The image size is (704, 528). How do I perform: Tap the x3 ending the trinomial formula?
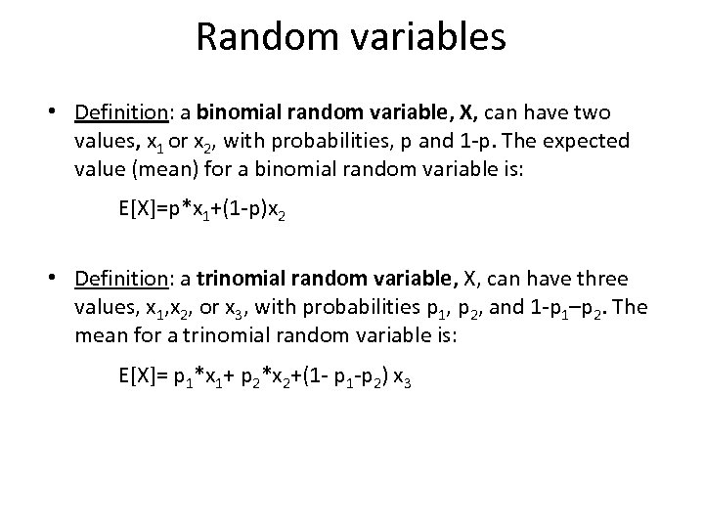point(401,376)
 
